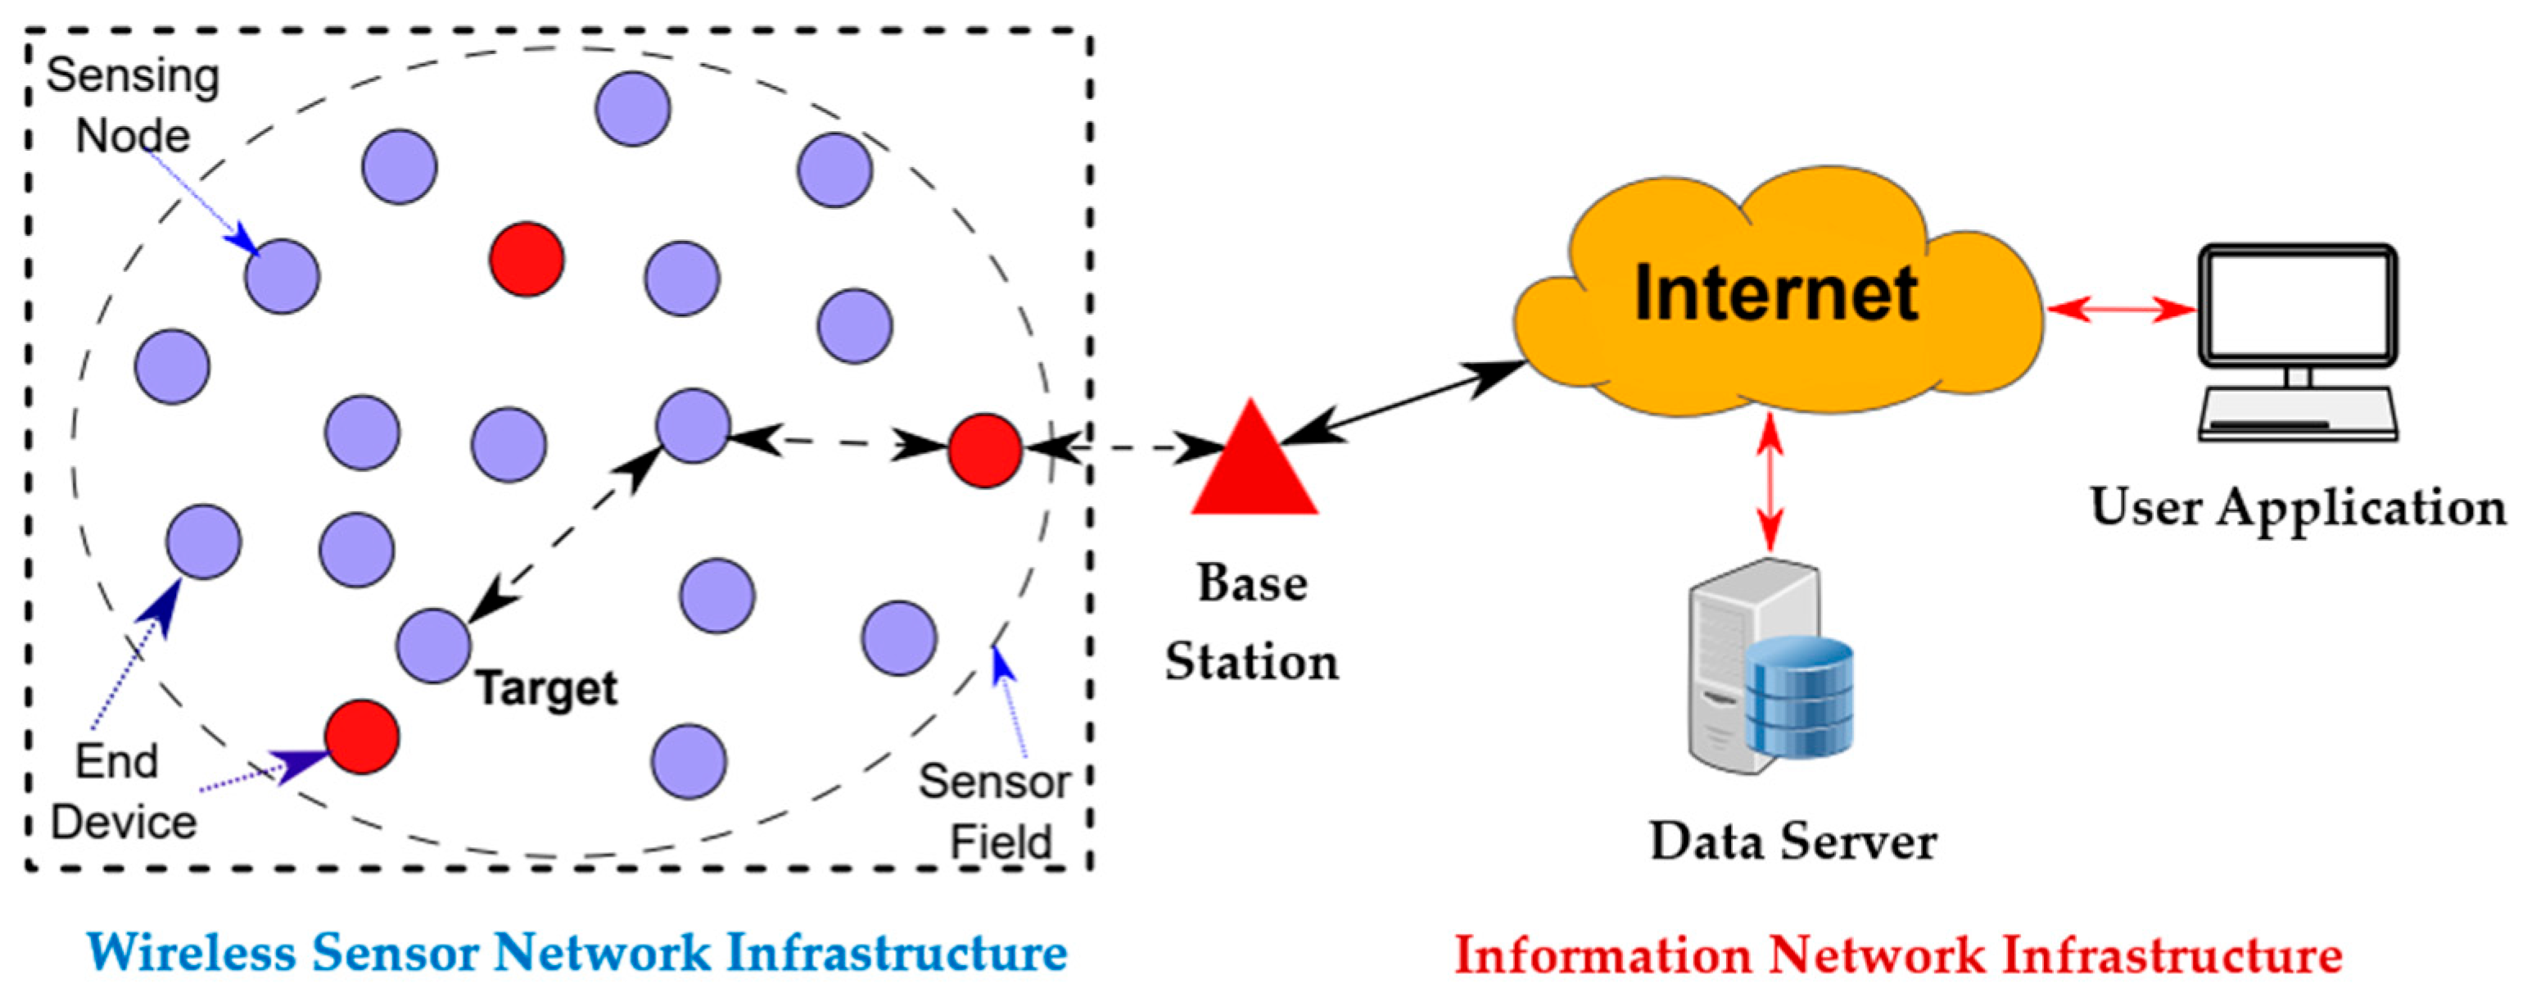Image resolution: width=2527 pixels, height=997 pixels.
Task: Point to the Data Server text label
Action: click(1792, 841)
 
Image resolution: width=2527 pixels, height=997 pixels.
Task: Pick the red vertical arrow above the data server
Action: click(1770, 483)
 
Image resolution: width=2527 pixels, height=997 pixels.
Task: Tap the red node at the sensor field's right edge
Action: click(984, 451)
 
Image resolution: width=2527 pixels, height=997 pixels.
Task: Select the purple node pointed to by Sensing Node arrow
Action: click(283, 277)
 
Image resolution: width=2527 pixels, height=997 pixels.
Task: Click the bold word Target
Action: click(546, 688)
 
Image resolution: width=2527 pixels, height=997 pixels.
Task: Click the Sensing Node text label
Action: click(133, 106)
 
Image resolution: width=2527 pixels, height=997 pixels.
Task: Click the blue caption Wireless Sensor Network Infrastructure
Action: click(576, 953)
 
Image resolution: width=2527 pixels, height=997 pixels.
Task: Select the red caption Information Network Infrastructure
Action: click(1898, 954)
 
